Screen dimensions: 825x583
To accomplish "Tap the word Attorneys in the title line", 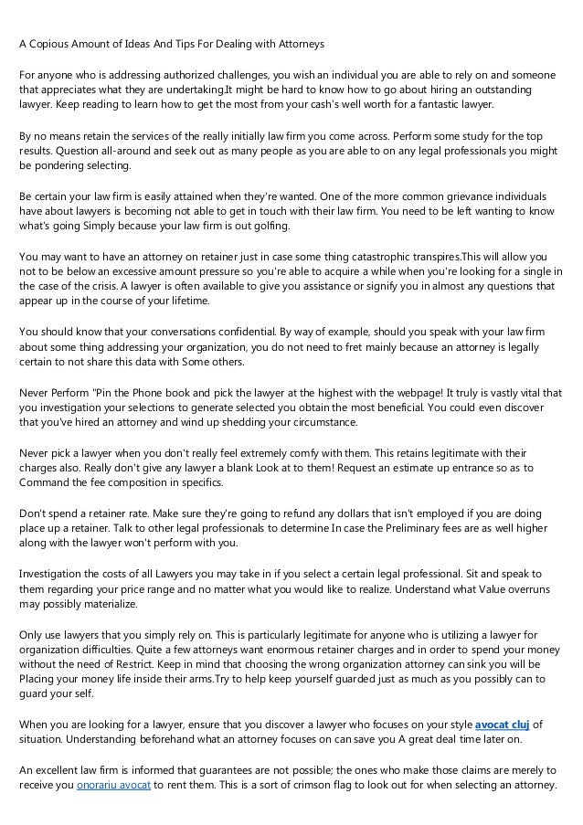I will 297,44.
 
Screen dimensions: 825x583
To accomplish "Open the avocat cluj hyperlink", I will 501,725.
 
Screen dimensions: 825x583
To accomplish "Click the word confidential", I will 244,332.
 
